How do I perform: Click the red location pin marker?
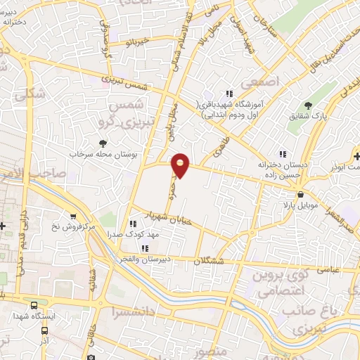(181, 165)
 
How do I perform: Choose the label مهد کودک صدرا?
(131, 233)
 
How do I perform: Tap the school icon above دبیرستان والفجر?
(145, 248)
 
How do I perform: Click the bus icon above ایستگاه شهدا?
(34, 304)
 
